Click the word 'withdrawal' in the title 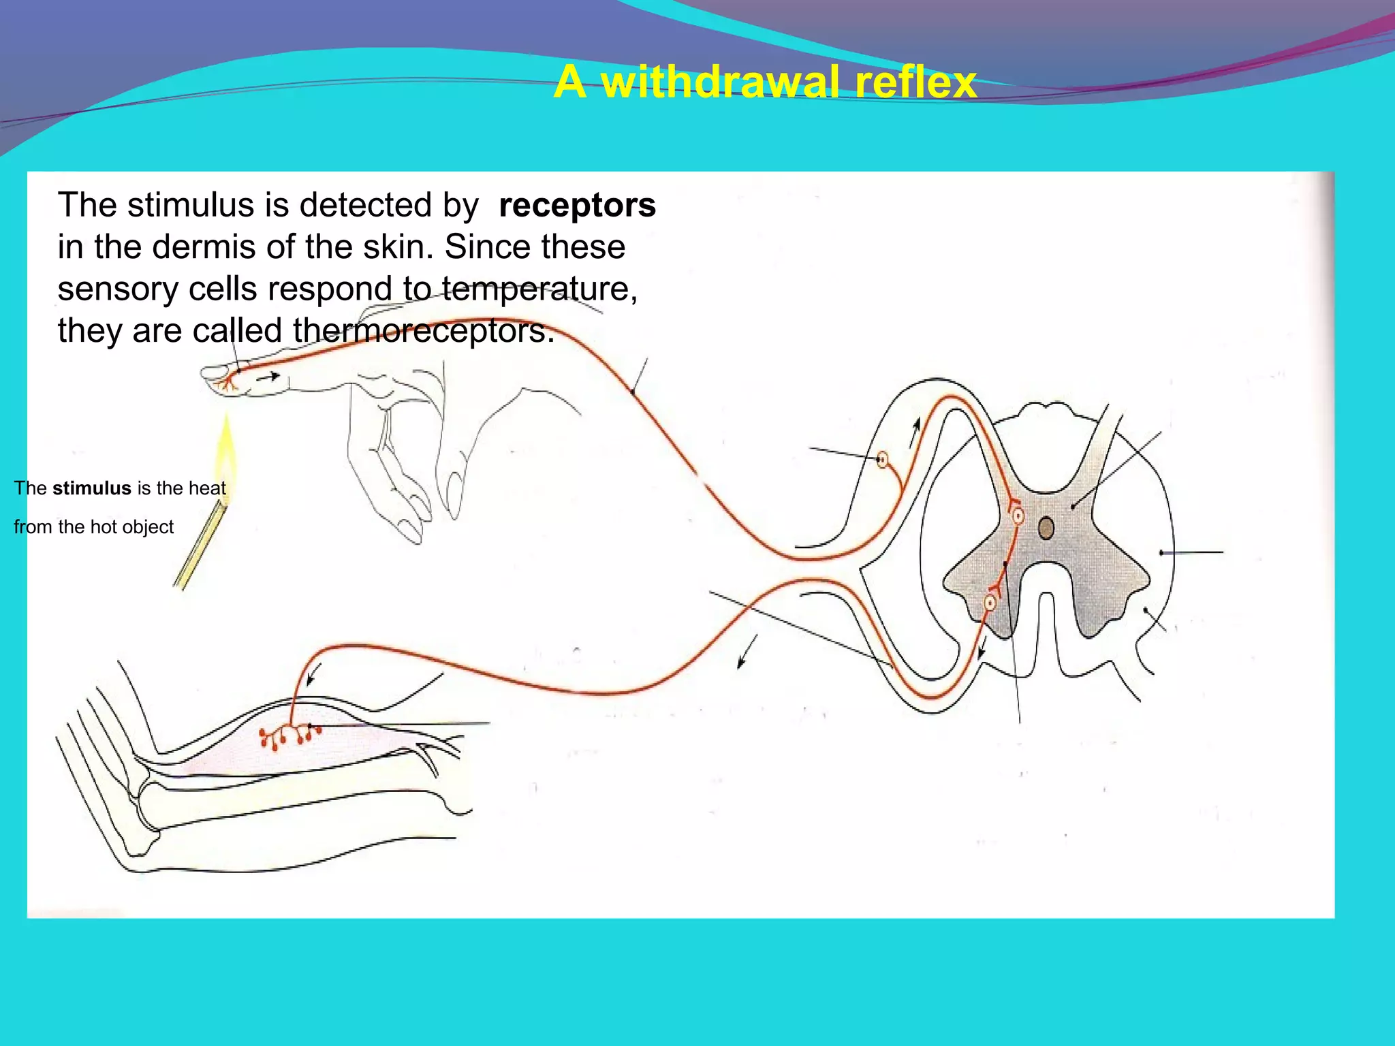(x=719, y=82)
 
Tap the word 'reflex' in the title (x=915, y=82)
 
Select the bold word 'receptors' (x=577, y=206)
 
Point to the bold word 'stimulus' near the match (x=91, y=488)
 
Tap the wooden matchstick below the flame (x=201, y=545)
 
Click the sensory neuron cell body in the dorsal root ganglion (x=882, y=460)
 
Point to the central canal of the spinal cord (x=1046, y=528)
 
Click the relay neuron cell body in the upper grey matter (x=1018, y=516)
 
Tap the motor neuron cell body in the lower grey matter (x=990, y=603)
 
